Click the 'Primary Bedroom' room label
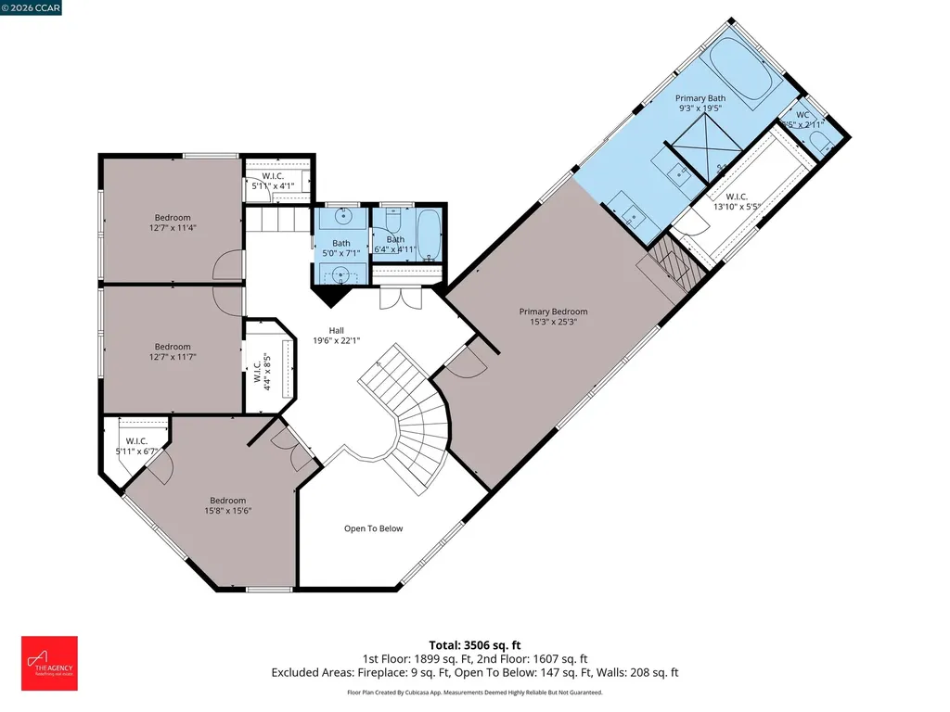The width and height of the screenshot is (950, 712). (x=553, y=311)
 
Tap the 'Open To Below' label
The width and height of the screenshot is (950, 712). (x=374, y=528)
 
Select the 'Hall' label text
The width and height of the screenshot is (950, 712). (x=337, y=330)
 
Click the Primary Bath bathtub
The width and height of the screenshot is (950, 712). (x=741, y=75)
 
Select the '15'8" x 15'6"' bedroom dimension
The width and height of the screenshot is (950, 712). (x=227, y=510)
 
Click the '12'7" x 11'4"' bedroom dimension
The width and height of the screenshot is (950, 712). (x=173, y=227)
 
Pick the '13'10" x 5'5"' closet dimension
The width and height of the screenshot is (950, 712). (x=737, y=208)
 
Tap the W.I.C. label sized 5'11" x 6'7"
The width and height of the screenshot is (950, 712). (x=136, y=441)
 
